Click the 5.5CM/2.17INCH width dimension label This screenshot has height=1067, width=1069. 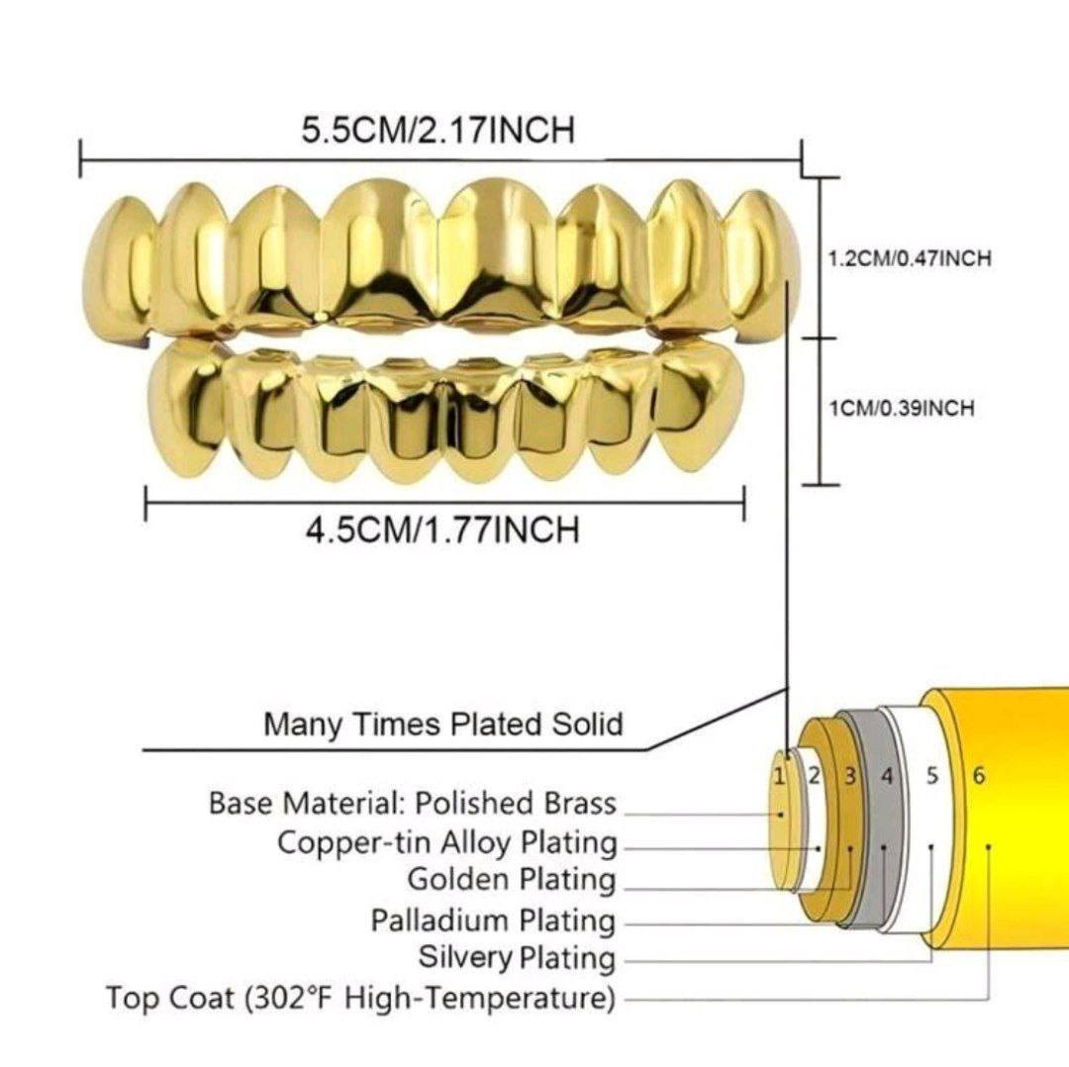point(438,130)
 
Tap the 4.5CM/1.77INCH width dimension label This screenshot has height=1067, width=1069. point(443,530)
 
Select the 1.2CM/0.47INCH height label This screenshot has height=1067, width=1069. point(910,259)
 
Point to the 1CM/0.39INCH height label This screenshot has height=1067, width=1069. point(902,409)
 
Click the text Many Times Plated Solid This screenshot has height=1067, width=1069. point(443,725)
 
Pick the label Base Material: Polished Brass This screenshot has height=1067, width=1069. point(413,803)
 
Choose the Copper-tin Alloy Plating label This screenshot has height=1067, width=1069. point(446,843)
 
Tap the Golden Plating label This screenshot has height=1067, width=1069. point(512,880)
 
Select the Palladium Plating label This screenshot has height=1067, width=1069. point(493,921)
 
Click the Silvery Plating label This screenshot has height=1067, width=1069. point(517,957)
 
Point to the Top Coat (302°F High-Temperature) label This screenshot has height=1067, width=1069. point(360,999)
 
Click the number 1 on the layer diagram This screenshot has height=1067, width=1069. point(779,776)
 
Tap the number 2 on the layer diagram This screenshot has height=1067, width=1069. point(814,776)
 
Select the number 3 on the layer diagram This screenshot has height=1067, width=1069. point(850,776)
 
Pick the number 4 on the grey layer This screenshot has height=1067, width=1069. point(886,776)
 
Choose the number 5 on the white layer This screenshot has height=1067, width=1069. point(932,776)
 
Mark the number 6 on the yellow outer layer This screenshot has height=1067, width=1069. point(978,776)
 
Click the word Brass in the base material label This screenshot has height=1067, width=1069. point(579,803)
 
